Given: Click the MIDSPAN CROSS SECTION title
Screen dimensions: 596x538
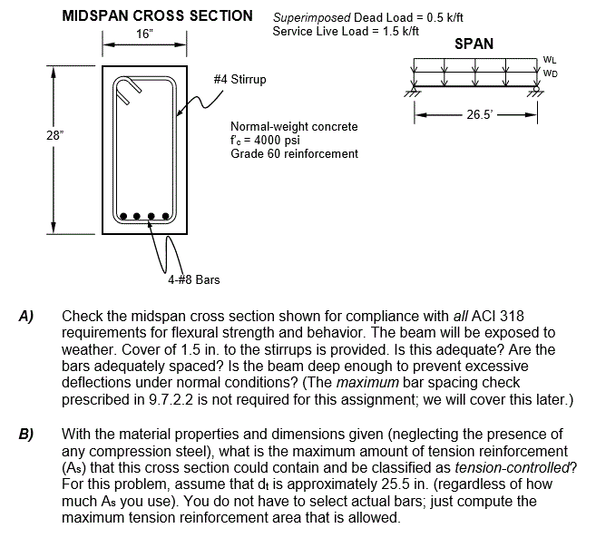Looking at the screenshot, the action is (157, 15).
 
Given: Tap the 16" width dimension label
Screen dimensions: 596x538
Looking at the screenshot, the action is (144, 34).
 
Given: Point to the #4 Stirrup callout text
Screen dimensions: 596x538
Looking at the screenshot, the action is (239, 80).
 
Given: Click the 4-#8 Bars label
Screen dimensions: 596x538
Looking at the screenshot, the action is (193, 279).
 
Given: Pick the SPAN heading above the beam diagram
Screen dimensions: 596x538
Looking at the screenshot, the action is (474, 44).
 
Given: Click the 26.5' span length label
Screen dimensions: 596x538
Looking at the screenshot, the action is (478, 115).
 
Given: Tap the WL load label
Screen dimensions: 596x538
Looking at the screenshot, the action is (550, 60).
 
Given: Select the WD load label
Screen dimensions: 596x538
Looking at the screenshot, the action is (551, 73).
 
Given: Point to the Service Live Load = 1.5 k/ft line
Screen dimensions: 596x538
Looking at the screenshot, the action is (346, 32).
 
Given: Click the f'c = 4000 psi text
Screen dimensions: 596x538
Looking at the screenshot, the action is (265, 141).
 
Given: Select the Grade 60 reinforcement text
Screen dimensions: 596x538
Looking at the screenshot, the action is (294, 154).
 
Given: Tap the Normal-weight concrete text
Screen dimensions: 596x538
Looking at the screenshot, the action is (294, 127).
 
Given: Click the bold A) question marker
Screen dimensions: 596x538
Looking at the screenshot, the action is (27, 318).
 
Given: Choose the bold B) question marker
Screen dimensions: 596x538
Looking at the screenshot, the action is (27, 434).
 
